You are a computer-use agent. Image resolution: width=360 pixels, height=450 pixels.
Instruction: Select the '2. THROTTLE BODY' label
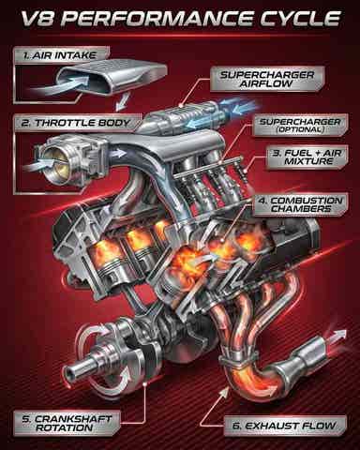click(x=76, y=123)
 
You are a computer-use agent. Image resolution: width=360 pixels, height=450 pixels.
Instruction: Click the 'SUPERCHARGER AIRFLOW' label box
click(x=267, y=80)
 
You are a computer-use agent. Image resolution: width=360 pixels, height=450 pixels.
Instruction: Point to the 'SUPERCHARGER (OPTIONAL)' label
click(x=300, y=126)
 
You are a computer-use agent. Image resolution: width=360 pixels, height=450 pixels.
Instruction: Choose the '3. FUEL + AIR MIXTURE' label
click(x=307, y=157)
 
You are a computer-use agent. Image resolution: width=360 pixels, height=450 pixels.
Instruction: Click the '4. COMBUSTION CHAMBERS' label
click(x=300, y=204)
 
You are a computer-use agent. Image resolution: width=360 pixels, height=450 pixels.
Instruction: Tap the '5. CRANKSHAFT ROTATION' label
click(x=67, y=423)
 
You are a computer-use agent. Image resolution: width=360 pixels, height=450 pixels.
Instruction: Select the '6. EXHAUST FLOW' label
click(x=285, y=426)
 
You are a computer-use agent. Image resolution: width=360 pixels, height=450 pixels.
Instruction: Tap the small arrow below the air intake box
click(x=121, y=102)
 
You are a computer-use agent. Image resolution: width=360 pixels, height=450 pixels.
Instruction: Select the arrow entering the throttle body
click(x=38, y=163)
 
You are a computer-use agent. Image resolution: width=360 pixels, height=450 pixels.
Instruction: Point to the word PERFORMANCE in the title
click(x=161, y=19)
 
